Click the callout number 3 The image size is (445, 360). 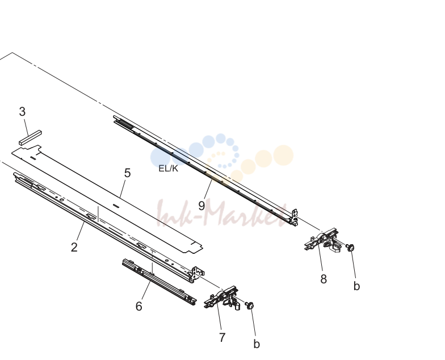(23, 111)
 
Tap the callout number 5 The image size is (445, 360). (127, 173)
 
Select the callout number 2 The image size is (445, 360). (74, 248)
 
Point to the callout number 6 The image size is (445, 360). (138, 307)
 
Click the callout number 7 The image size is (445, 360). (222, 337)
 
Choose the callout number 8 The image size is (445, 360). (324, 279)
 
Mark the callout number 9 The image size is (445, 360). (201, 206)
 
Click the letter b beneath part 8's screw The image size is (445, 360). (356, 286)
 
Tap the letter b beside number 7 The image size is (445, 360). (257, 344)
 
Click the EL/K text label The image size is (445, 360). (168, 168)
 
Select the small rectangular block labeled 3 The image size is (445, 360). (30, 137)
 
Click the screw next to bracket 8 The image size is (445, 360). (351, 248)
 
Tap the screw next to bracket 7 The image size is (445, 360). (250, 305)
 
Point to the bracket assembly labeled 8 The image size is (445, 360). (321, 240)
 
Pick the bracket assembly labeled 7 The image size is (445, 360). (222, 298)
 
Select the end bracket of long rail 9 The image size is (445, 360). (294, 217)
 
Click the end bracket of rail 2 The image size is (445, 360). (197, 275)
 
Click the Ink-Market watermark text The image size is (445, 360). (222, 215)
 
